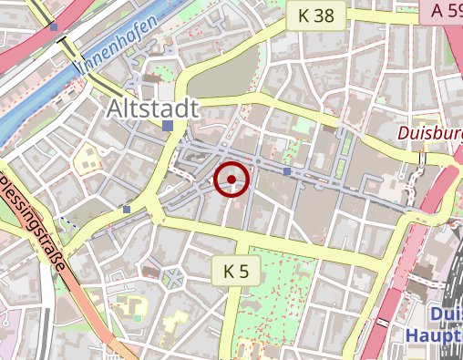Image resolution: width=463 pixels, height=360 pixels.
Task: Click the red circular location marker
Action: click(x=231, y=180)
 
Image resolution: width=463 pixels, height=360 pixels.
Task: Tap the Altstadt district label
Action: click(x=151, y=108)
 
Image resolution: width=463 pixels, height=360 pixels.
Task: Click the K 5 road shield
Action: click(x=236, y=270)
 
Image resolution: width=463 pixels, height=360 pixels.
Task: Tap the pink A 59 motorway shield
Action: click(x=442, y=10)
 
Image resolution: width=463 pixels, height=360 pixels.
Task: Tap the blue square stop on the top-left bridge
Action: click(x=55, y=26)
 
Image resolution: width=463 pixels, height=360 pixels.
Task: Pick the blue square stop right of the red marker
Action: click(x=287, y=170)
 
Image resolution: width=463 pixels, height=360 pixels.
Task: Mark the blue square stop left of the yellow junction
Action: click(x=127, y=210)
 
